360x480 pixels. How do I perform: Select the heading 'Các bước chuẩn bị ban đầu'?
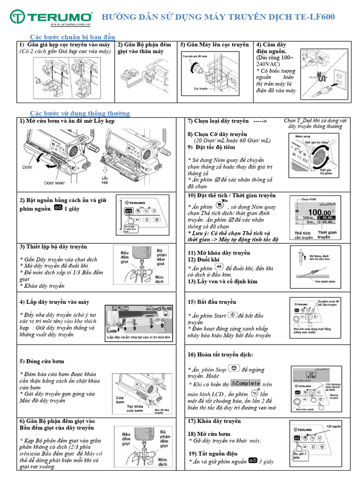(72, 37)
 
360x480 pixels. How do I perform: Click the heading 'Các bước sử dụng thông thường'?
(80, 113)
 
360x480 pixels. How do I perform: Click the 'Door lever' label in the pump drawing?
(55, 183)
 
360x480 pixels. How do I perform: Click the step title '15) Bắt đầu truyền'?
(212, 302)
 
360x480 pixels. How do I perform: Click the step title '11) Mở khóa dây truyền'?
(219, 253)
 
